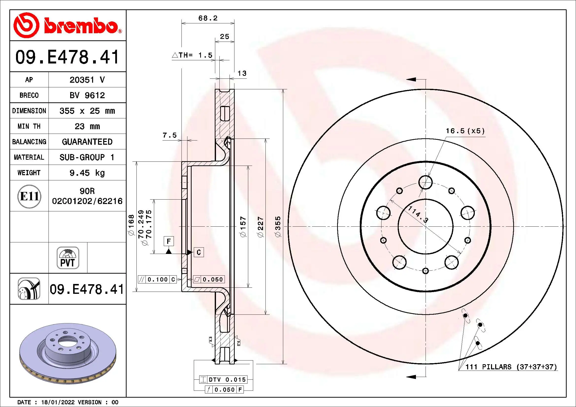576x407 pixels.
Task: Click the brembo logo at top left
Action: [67, 25]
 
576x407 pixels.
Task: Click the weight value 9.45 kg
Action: [87, 173]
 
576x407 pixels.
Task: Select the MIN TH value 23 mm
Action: [87, 126]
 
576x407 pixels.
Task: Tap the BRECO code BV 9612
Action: [87, 95]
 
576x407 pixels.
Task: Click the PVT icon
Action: [68, 258]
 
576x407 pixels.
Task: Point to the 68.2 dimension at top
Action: [208, 18]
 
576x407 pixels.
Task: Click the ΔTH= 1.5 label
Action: [192, 55]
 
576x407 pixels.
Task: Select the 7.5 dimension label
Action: [170, 135]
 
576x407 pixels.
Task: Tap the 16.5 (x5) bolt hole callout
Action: [465, 131]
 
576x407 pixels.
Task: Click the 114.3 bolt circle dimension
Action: [418, 214]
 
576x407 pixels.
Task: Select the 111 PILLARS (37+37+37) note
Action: [511, 367]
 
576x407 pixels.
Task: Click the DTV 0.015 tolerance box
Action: [223, 379]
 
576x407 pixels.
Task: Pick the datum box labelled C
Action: [199, 252]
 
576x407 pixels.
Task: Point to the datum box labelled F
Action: [169, 241]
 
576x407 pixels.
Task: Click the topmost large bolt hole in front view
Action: [426, 182]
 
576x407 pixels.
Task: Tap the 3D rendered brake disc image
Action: [68, 353]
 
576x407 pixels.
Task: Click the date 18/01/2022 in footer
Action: [58, 402]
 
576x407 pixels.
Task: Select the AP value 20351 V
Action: [87, 80]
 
